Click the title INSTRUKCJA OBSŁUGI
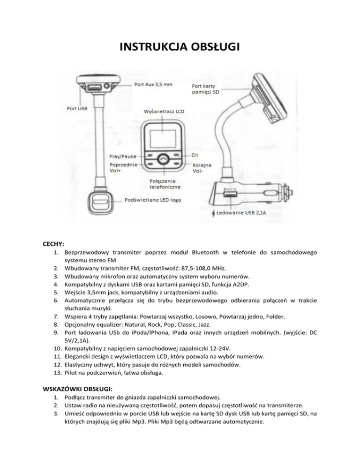[x=180, y=47]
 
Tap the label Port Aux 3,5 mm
[x=153, y=84]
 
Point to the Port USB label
[x=77, y=108]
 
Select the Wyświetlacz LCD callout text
[x=164, y=112]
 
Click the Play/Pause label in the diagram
[x=123, y=156]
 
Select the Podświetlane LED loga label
[x=153, y=200]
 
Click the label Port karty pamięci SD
[x=205, y=89]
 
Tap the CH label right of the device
[x=195, y=155]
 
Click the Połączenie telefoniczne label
[x=165, y=184]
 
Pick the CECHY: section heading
[x=53, y=244]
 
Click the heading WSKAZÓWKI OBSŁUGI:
[x=78, y=389]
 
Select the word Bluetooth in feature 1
[x=205, y=252]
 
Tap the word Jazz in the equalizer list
[x=204, y=324]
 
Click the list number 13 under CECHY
[x=57, y=373]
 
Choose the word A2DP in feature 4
[x=241, y=285]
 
